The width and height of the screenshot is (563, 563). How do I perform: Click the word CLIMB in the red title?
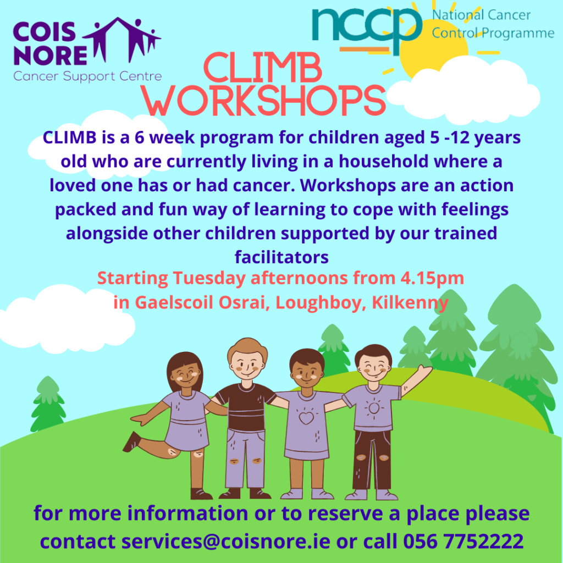[x=262, y=68]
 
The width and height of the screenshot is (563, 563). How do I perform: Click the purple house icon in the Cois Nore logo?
[x=122, y=40]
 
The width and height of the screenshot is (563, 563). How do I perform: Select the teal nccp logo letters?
[x=367, y=30]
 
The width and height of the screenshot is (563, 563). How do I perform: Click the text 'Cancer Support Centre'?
[x=87, y=76]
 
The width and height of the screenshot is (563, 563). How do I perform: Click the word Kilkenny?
[x=410, y=302]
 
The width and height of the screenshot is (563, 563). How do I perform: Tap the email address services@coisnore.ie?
[x=225, y=541]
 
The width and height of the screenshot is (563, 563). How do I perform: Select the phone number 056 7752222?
[x=463, y=541]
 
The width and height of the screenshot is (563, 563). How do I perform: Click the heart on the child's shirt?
[x=306, y=418]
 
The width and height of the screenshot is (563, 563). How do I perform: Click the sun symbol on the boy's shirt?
[x=374, y=408]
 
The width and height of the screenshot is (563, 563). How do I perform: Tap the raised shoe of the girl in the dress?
[x=132, y=441]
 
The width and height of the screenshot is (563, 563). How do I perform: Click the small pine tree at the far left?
[x=48, y=404]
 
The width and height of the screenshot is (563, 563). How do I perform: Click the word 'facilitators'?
[x=281, y=257]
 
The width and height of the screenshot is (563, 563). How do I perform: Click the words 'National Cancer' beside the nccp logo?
[x=481, y=15]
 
